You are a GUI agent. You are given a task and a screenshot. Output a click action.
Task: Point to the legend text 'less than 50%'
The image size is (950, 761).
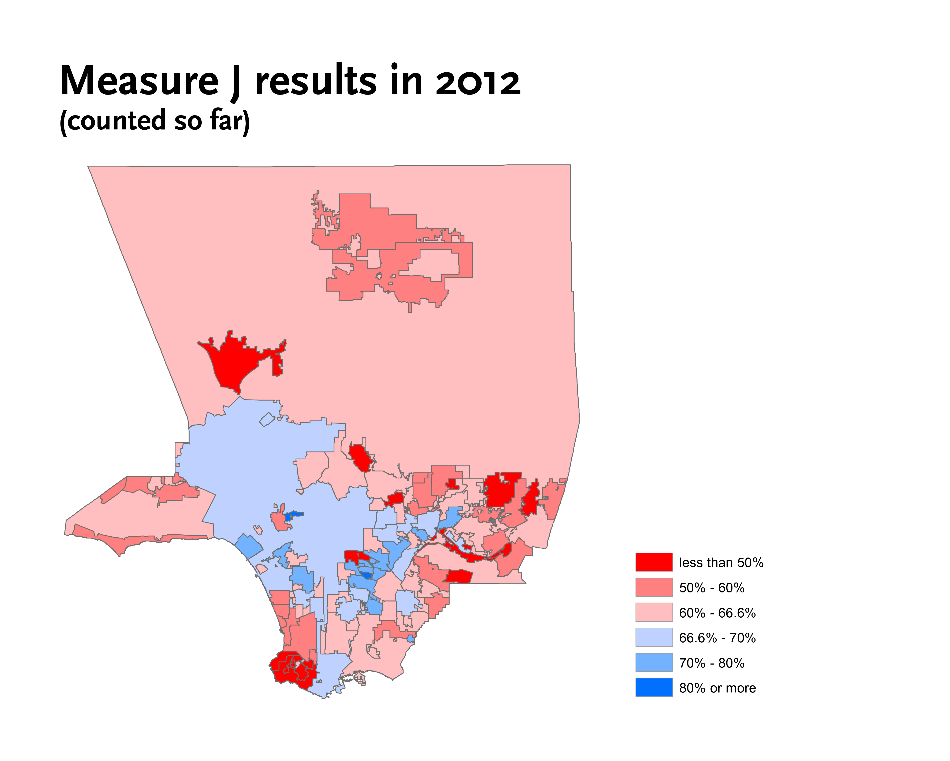[x=721, y=563]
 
